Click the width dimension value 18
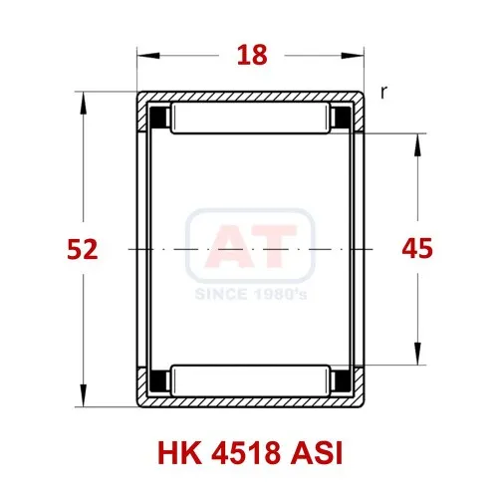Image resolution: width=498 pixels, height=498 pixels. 252,55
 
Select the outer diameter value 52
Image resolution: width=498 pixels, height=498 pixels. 83,249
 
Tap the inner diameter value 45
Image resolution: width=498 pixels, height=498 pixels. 417,248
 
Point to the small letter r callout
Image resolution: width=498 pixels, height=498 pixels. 383,92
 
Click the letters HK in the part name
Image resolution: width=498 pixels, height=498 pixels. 179,453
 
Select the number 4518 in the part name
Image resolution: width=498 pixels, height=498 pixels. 246,453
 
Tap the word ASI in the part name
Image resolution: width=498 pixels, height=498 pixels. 317,453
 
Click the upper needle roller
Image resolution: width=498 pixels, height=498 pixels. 250,119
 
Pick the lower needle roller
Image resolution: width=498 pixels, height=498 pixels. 250,380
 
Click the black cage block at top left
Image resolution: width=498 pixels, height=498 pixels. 158,118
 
